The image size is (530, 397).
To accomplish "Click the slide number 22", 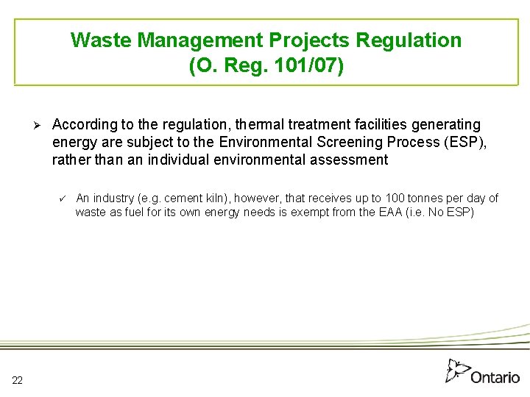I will pos(17,379).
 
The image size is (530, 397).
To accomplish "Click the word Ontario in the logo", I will pos(495,376).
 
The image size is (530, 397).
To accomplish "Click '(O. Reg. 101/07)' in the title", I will pos(266,66).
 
